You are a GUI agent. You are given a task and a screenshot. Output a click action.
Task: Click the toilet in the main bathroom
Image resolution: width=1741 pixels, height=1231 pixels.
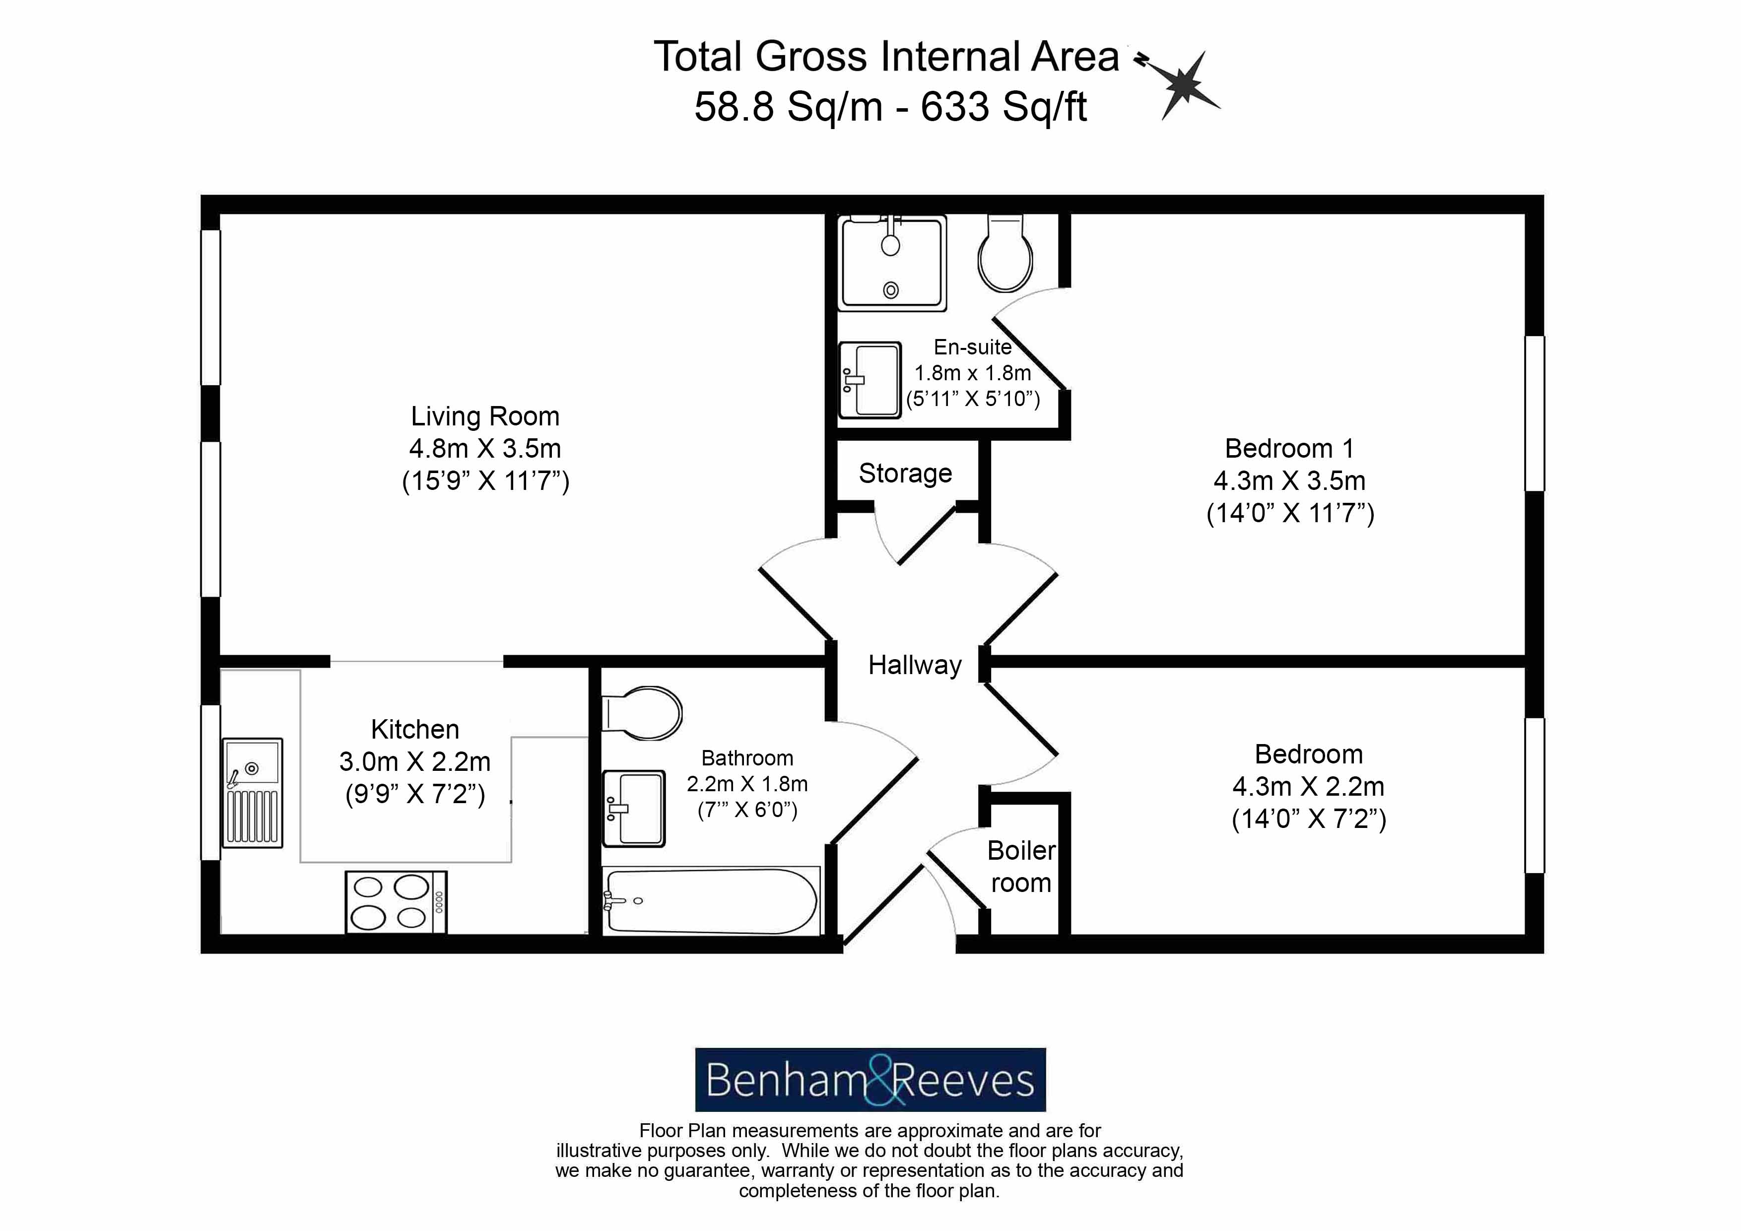[642, 713]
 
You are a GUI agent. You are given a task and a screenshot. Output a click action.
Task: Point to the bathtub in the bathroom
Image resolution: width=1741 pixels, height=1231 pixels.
[711, 901]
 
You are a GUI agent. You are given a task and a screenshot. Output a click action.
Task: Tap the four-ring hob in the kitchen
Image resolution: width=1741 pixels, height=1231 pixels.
[396, 902]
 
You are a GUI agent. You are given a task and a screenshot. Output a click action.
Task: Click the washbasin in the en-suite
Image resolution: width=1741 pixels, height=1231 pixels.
[870, 379]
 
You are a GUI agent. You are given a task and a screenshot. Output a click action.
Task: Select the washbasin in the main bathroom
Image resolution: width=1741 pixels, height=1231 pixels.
[634, 809]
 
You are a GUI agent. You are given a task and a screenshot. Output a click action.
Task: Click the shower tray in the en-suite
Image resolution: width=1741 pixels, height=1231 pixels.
[892, 263]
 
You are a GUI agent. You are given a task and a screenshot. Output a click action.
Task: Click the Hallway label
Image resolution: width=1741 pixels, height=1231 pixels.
[915, 665]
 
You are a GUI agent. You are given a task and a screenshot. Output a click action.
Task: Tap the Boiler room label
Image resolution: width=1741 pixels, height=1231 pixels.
[1021, 867]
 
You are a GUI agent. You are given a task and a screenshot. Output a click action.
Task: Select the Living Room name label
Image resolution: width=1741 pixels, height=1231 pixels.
[485, 416]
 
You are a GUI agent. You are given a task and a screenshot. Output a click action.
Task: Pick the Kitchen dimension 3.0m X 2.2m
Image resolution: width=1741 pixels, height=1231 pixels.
[415, 761]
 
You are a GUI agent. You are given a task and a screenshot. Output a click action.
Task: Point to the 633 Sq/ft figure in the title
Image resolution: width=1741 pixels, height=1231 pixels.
[1004, 107]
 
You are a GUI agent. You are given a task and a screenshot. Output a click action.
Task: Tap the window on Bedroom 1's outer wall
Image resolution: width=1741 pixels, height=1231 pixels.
[1535, 413]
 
